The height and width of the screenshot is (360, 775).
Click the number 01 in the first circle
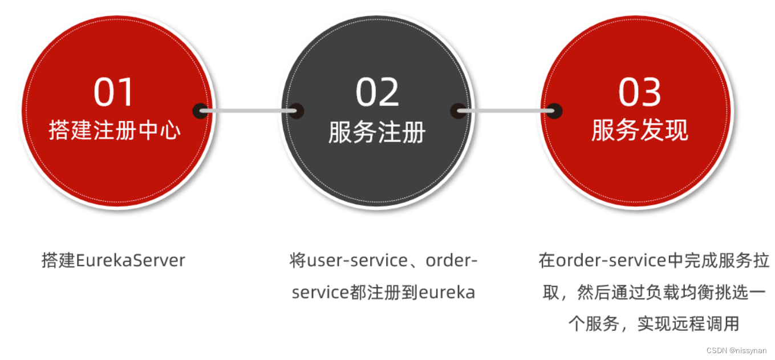pos(113,92)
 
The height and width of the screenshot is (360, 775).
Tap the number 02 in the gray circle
pos(377,92)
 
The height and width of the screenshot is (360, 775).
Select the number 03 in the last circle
pos(640,92)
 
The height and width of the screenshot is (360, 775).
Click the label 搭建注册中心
pos(115,130)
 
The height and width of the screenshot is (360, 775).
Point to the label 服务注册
pos(377,132)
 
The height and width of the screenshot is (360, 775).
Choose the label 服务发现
pos(640,130)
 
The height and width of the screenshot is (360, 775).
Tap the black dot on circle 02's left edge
pos(296,111)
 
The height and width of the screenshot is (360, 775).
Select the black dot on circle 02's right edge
pos(458,111)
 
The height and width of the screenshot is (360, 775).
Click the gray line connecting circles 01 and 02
pos(248,111)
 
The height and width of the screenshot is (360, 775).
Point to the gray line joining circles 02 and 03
pos(506,111)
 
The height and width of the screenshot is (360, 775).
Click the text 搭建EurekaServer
pos(113,261)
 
